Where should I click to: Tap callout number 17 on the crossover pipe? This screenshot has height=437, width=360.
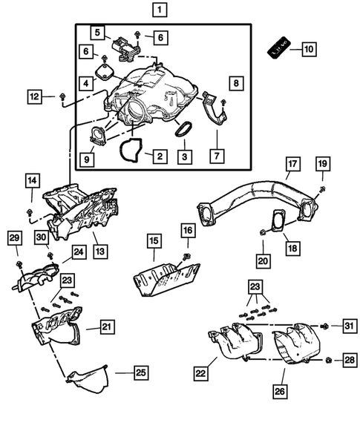[292, 164]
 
